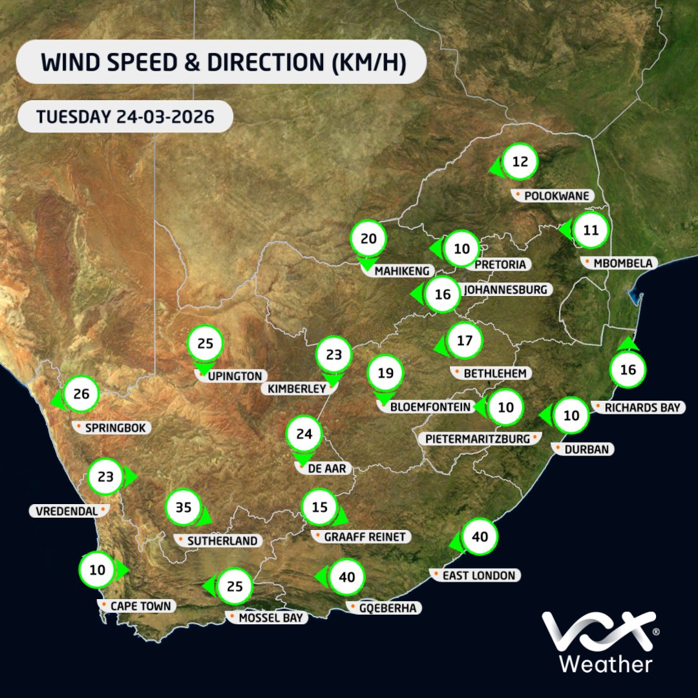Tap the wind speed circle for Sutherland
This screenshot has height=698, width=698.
coord(184,508)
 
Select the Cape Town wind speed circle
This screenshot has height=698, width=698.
coord(97,570)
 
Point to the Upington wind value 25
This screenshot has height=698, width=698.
coord(205,344)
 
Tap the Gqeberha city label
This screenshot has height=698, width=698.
coord(385,608)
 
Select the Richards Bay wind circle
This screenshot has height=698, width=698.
coord(628,370)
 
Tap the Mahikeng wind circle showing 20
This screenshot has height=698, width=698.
coord(368,239)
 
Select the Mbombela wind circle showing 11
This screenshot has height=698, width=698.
coord(591,230)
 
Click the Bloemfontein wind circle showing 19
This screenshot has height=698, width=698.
coord(385,373)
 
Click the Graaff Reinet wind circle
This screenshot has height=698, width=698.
coord(320,508)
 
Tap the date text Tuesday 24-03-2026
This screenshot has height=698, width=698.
coord(125,117)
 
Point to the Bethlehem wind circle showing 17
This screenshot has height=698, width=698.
coord(465,340)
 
